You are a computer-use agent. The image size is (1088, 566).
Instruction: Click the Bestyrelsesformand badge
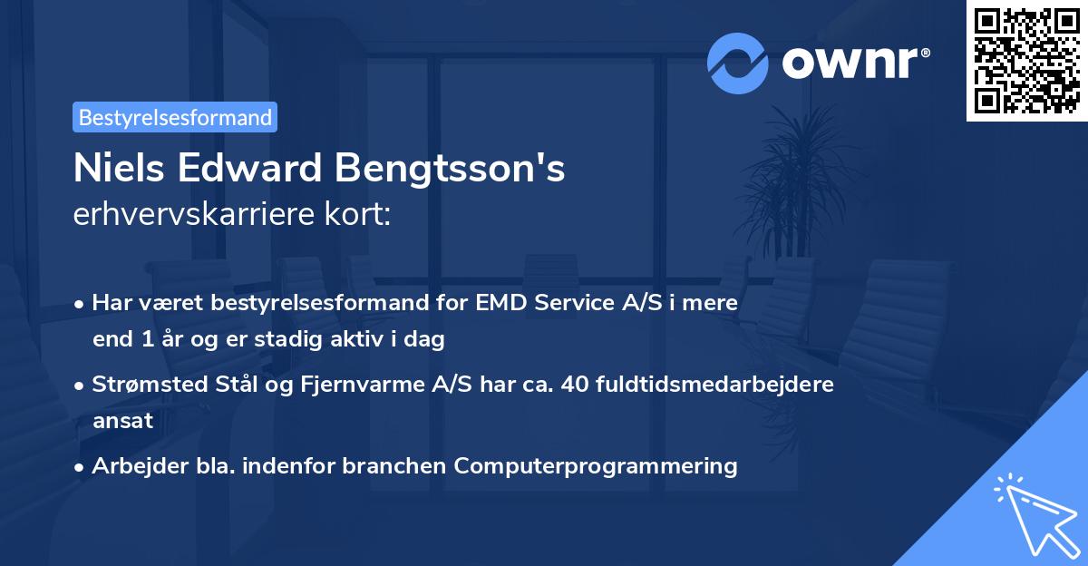[175, 117]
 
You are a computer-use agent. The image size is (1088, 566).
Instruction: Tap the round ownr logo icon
[737, 63]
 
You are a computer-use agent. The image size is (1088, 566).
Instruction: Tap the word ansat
[122, 421]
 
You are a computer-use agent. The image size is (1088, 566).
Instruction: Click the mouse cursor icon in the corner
[1034, 513]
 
